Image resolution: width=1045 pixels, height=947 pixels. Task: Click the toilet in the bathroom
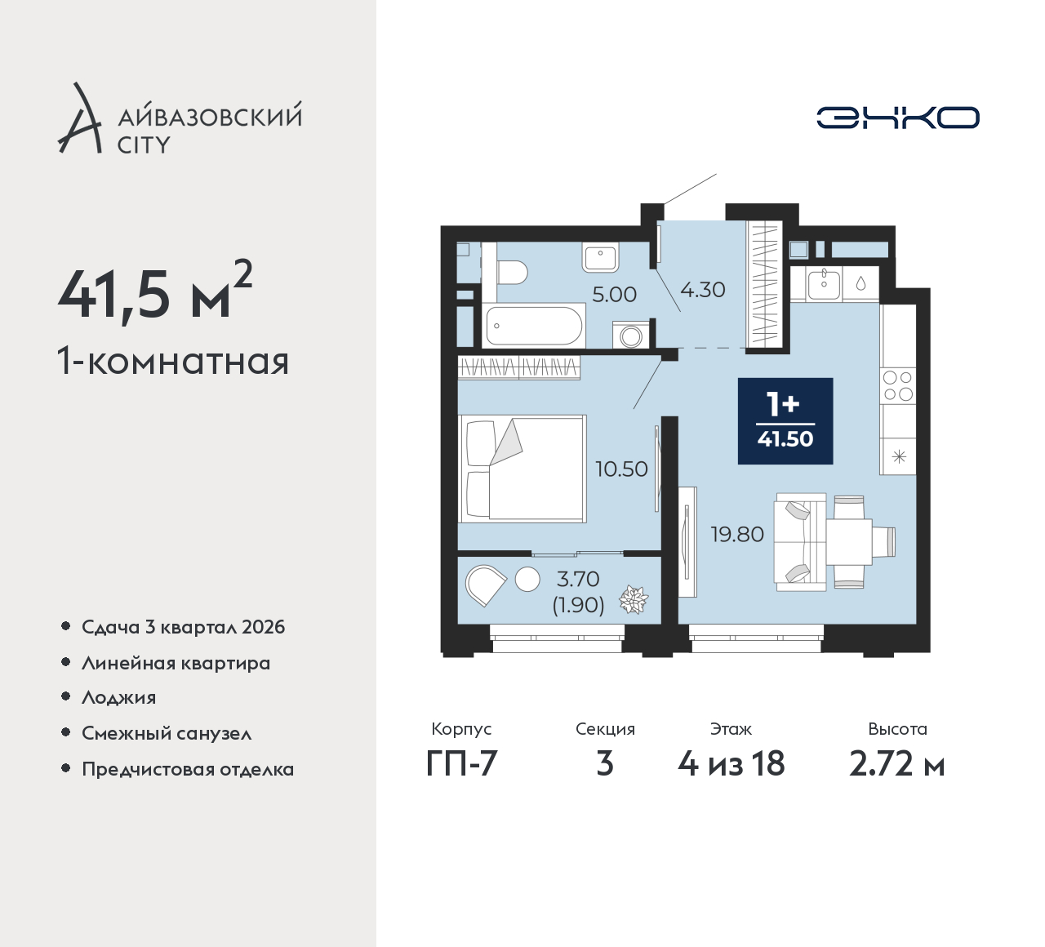[x=512, y=272]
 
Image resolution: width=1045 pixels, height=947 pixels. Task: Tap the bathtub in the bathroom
[x=533, y=326]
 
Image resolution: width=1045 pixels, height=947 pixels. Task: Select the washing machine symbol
[x=630, y=336]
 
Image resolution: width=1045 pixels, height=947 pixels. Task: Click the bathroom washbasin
[x=601, y=258]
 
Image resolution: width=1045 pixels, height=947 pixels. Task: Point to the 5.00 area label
[x=614, y=295]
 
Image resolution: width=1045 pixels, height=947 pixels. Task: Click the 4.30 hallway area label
[x=703, y=290]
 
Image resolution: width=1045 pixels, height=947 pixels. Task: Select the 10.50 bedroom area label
[x=621, y=469]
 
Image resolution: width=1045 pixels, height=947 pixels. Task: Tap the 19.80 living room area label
[x=738, y=535]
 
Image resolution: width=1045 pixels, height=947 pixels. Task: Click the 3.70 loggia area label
[x=578, y=579]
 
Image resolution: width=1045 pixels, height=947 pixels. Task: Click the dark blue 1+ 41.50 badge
[x=785, y=421]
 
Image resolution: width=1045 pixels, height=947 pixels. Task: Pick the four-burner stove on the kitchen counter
[x=898, y=385]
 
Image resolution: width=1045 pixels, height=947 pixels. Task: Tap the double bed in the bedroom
[x=522, y=469]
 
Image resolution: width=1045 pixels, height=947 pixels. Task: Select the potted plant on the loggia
[x=634, y=599]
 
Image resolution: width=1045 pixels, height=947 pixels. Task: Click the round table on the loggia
[x=527, y=579]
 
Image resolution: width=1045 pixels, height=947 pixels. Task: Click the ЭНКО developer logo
[x=897, y=118]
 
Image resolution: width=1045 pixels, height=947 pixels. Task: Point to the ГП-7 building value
[x=461, y=764]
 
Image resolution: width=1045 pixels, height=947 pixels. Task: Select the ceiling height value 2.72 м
[x=897, y=764]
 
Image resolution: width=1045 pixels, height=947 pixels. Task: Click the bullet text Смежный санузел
[x=167, y=733]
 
